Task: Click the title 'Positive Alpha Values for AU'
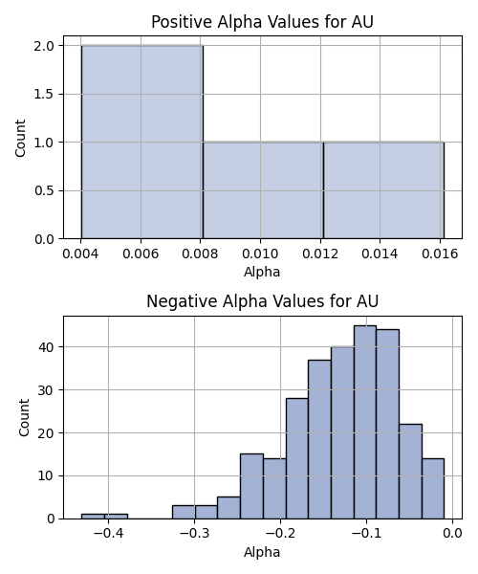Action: click(262, 22)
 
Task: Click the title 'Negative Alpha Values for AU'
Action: click(262, 301)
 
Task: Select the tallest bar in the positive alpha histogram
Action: click(142, 142)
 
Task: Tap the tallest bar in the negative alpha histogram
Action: click(365, 422)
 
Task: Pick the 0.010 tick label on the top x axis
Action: click(260, 254)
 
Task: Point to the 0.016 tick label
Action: click(440, 254)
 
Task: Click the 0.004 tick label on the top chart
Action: click(80, 254)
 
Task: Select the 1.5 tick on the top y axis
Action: click(44, 94)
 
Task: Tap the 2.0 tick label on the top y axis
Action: click(44, 46)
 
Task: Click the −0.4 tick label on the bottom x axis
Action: click(108, 534)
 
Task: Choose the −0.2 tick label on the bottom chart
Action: click(280, 534)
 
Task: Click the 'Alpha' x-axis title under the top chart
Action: click(262, 272)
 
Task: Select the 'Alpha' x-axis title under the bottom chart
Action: click(262, 552)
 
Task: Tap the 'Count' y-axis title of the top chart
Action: click(20, 138)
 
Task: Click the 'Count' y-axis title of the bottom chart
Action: click(24, 418)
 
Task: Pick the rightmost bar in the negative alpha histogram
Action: click(433, 489)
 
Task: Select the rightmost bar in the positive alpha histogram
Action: click(383, 190)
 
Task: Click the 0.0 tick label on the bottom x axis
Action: click(452, 534)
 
